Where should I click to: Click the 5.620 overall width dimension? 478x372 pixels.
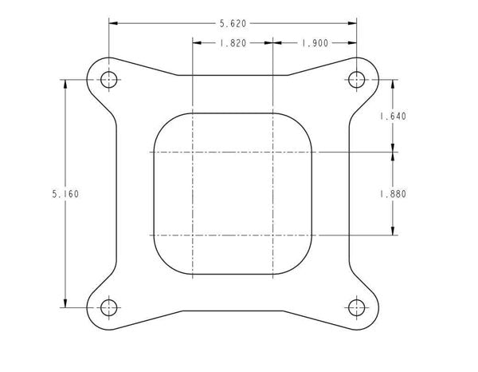click(233, 23)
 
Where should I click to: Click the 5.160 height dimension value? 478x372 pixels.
click(64, 193)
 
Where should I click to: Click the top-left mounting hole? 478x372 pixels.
click(109, 79)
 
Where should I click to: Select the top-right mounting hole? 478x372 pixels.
click(356, 79)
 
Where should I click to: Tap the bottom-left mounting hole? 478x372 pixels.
click(109, 306)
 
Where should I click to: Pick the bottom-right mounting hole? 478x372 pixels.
click(356, 306)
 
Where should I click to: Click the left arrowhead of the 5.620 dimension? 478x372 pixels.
click(114, 23)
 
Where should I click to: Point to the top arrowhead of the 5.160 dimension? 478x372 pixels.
click(64, 84)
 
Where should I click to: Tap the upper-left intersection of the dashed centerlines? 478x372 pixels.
click(193, 152)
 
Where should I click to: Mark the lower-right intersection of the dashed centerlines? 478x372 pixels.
click(273, 235)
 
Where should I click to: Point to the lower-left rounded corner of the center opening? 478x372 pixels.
click(163, 263)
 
